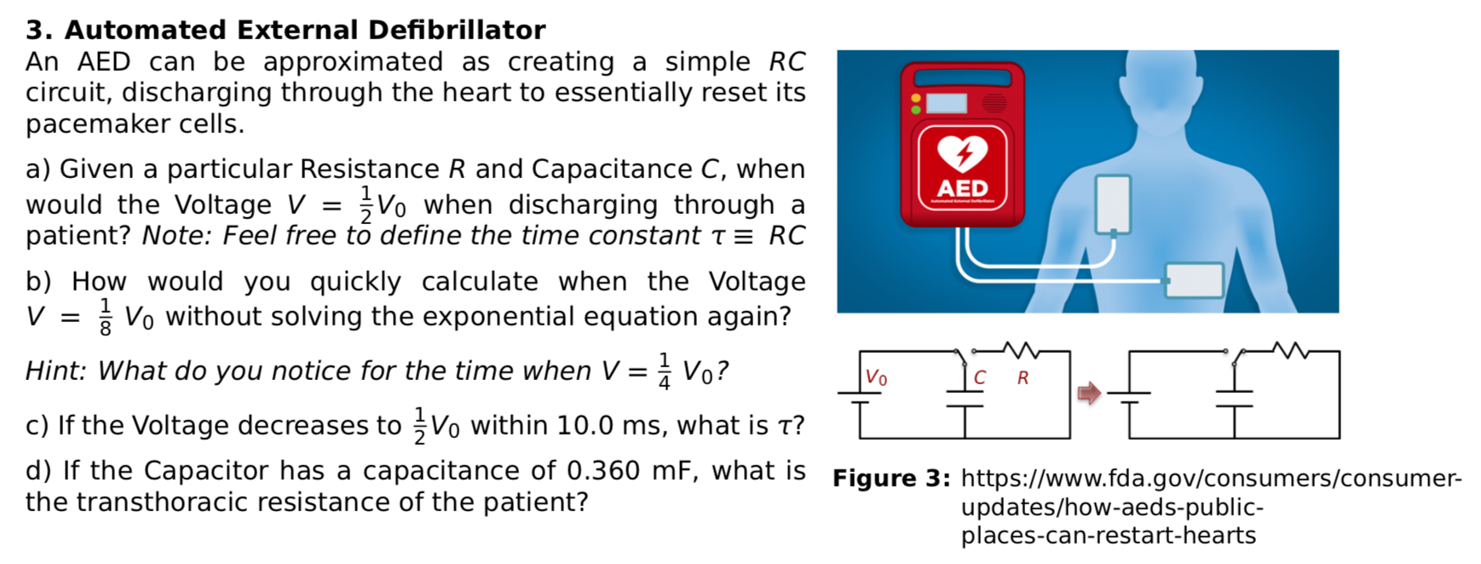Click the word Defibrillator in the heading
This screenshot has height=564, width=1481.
tap(457, 30)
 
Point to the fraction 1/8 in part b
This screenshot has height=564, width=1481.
tap(105, 317)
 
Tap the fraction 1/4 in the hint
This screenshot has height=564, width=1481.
tap(664, 371)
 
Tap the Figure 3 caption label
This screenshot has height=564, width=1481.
tap(890, 478)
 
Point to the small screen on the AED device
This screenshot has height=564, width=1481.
tap(946, 103)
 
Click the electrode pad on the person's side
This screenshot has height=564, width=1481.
tap(1194, 279)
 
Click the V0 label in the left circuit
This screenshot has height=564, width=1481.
tap(876, 377)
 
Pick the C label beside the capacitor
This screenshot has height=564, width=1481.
tap(980, 377)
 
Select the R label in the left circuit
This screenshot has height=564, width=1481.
tap(1023, 377)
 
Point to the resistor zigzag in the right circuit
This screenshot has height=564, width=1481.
tap(1290, 348)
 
